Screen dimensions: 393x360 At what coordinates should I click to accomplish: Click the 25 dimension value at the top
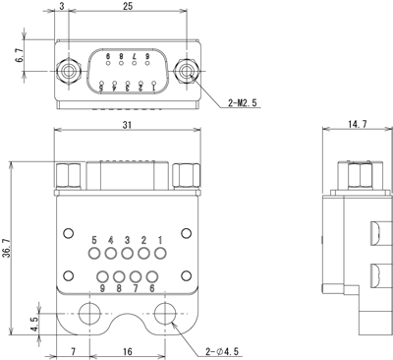[x=128, y=6]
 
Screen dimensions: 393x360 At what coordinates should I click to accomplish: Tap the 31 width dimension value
[x=127, y=125]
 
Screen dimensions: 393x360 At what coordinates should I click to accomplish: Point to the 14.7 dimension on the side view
[x=358, y=124]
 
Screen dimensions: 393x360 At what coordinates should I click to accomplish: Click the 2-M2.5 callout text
[x=243, y=103]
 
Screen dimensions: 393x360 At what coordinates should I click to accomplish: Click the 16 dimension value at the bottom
[x=128, y=351]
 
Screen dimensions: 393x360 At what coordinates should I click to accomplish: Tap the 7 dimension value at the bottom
[x=73, y=351]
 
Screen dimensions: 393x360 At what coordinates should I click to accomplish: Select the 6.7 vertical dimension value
[x=20, y=55]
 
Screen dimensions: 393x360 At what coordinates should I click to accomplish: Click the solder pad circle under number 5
[x=94, y=253]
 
